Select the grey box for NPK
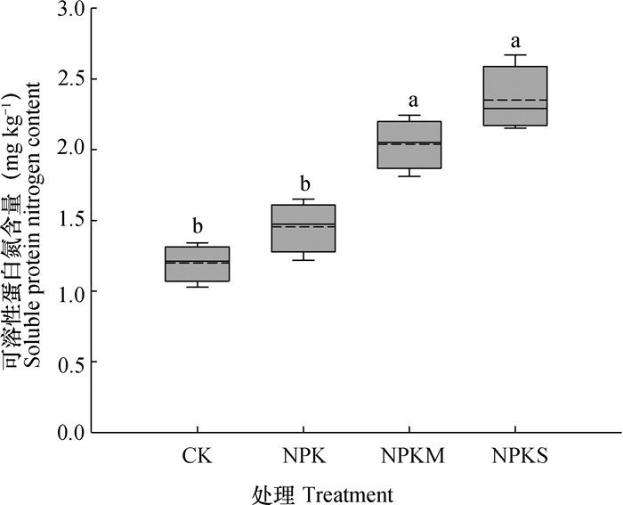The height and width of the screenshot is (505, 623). (303, 228)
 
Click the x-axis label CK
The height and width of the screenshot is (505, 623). (197, 457)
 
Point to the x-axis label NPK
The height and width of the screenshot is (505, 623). (303, 457)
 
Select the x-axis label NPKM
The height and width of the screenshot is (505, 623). (409, 457)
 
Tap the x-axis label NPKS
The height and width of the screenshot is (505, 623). (516, 457)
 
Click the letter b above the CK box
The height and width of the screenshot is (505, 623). (197, 224)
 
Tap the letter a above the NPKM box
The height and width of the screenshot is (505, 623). (409, 100)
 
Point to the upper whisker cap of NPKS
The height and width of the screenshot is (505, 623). (515, 55)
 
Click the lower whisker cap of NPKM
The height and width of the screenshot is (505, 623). (409, 176)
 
